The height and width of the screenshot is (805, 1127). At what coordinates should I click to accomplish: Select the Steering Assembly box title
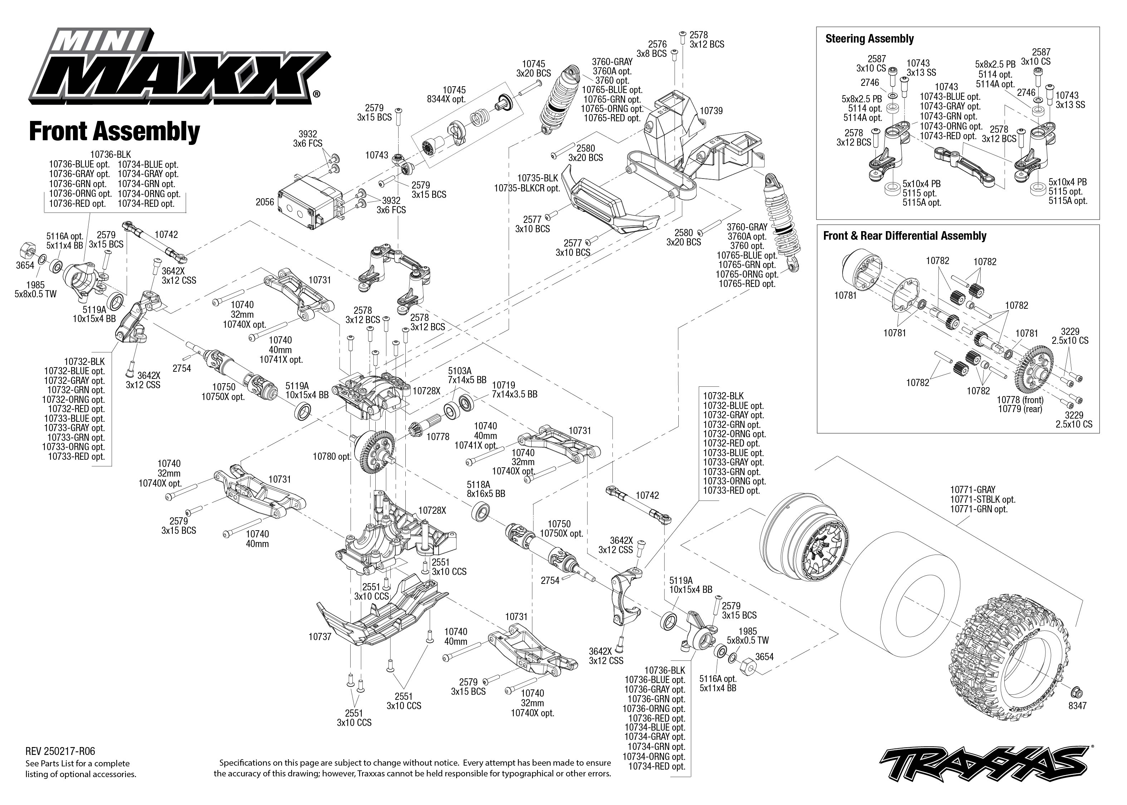click(869, 39)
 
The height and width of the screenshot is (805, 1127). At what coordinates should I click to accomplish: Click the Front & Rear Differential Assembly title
click(904, 236)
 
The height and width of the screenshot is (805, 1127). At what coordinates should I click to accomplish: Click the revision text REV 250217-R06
click(60, 752)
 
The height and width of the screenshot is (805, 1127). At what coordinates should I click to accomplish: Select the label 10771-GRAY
click(972, 489)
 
